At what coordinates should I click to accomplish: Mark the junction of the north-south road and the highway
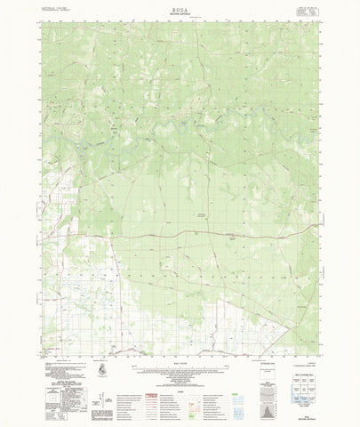coord(124,235)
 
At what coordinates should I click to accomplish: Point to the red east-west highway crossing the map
coord(222,233)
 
